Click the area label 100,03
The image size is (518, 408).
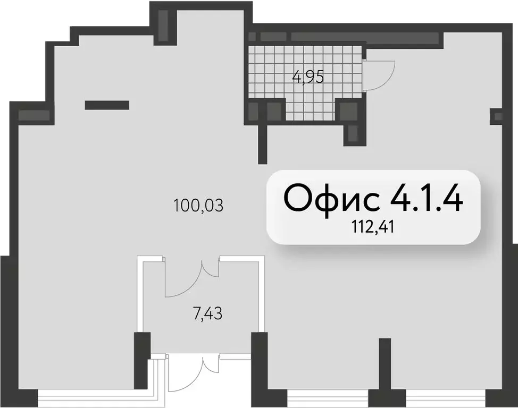pos(198,205)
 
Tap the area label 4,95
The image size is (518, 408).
pos(308,78)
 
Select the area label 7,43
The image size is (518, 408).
pos(207,314)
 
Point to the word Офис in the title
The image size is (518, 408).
pos(332,198)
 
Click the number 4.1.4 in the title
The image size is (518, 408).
pos(427,198)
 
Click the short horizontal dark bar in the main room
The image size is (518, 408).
pos(107,105)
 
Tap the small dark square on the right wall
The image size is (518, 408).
pos(498,116)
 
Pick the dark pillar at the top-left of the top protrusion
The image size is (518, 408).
pos(163,23)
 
